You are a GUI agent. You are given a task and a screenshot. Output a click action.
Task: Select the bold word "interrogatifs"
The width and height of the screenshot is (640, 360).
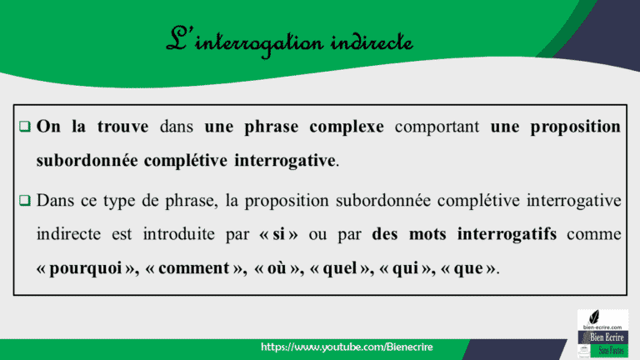pyautogui.click(x=507, y=234)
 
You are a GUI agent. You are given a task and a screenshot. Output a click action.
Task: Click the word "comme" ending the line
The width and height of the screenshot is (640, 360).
pyautogui.click(x=593, y=234)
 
